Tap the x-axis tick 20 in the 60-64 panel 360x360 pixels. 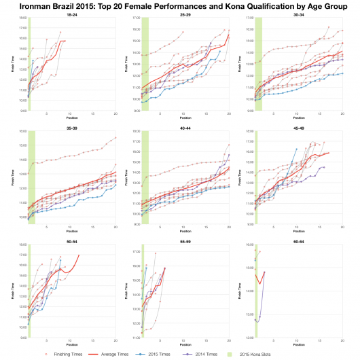[342, 341]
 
